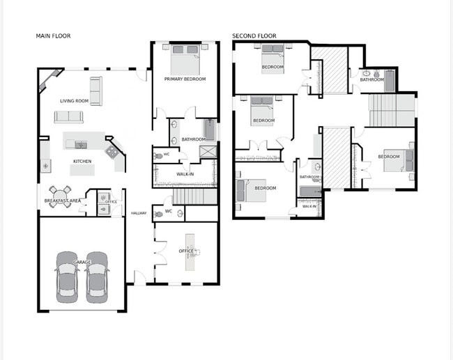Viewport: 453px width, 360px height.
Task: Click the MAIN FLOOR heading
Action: pyautogui.click(x=53, y=36)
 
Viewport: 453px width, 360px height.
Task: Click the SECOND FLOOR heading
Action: pyautogui.click(x=254, y=36)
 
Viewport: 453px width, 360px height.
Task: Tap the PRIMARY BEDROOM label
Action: pyautogui.click(x=185, y=79)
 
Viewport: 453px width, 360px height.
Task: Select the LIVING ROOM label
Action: pyautogui.click(x=73, y=100)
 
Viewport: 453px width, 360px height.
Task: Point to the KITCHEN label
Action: pyautogui.click(x=82, y=162)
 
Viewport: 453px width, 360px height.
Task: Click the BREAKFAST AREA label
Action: pyautogui.click(x=62, y=201)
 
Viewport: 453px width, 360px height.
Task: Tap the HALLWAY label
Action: pyautogui.click(x=139, y=213)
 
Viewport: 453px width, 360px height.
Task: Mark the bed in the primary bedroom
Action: pyautogui.click(x=185, y=59)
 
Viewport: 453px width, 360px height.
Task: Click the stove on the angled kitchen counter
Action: pyautogui.click(x=111, y=150)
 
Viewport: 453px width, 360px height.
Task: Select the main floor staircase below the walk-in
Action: pyautogui.click(x=185, y=196)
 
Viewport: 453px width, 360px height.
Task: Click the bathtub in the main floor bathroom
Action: pyautogui.click(x=210, y=130)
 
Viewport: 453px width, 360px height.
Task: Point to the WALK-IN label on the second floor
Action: pyautogui.click(x=309, y=206)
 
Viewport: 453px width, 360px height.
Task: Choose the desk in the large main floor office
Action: pyautogui.click(x=191, y=251)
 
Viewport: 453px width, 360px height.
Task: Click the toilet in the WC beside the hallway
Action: pyautogui.click(x=160, y=212)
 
